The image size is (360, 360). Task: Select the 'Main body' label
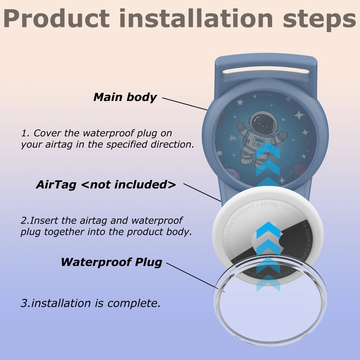pyautogui.click(x=125, y=97)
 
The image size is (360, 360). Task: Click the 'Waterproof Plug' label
pyautogui.click(x=111, y=262)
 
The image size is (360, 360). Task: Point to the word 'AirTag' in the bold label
pyautogui.click(x=56, y=185)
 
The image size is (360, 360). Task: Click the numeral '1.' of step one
pyautogui.click(x=25, y=133)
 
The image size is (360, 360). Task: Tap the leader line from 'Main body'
pyautogui.click(x=185, y=104)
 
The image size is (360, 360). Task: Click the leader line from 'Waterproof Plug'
pyautogui.click(x=193, y=276)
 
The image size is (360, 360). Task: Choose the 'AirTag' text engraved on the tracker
pyautogui.click(x=269, y=204)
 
